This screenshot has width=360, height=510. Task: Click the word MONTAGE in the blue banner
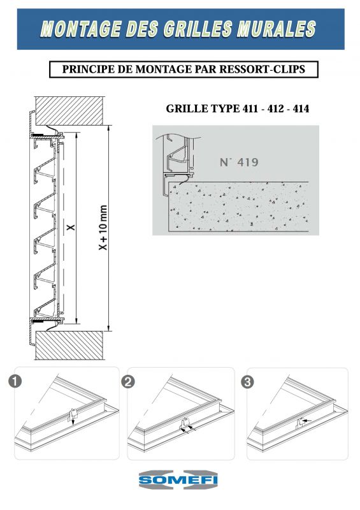click(82, 29)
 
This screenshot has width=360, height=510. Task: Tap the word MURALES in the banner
click(277, 29)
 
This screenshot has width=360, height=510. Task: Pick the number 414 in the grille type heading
click(301, 108)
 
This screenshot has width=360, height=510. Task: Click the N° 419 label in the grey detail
click(239, 162)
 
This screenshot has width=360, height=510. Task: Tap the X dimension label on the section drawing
click(71, 228)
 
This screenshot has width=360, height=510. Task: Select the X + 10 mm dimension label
click(103, 228)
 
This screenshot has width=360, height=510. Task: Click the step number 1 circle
click(15, 381)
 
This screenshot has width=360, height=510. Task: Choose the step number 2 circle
click(128, 381)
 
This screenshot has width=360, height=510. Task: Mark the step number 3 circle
click(247, 382)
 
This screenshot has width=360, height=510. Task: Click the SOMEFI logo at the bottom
click(178, 480)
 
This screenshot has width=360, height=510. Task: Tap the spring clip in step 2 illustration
click(185, 423)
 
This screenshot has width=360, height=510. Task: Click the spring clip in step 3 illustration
click(300, 423)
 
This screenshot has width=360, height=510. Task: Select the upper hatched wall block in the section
click(70, 111)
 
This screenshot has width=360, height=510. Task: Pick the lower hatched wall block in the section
click(70, 346)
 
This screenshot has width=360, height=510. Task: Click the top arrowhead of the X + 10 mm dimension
click(108, 127)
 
